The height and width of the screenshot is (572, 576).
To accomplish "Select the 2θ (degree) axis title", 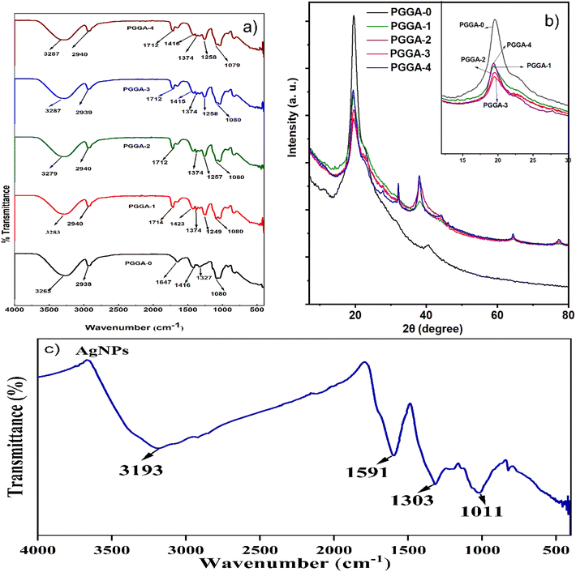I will click(432, 330).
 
